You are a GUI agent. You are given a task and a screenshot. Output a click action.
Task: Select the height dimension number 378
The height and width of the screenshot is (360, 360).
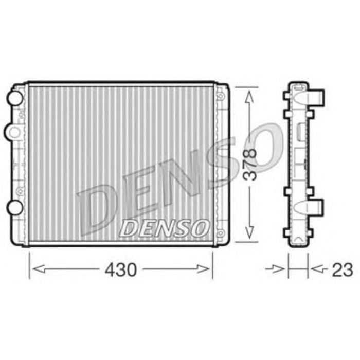point(250,164)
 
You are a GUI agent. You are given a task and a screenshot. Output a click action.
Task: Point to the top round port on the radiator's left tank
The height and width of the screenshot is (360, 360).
point(15,96)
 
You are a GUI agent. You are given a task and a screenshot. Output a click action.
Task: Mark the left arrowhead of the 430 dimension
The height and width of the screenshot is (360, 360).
point(34,268)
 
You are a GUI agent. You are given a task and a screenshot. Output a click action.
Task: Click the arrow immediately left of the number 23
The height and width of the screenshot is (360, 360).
point(317,268)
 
